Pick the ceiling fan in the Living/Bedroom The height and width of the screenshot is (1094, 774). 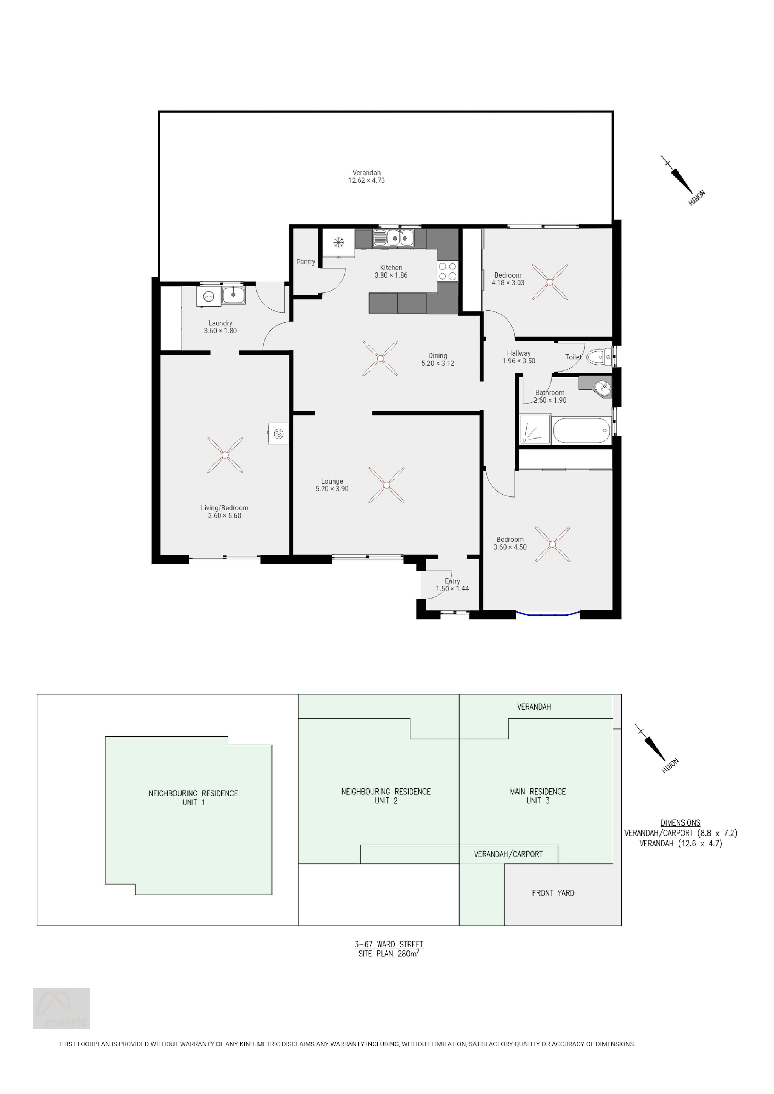point(225,455)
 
